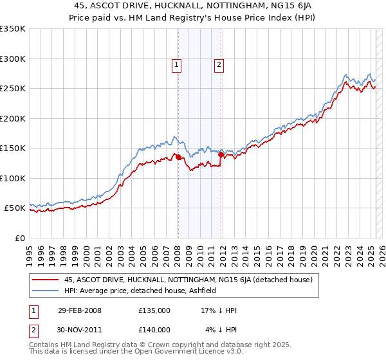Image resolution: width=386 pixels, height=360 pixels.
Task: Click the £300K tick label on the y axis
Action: [13, 59]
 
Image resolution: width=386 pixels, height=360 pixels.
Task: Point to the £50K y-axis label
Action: [15, 208]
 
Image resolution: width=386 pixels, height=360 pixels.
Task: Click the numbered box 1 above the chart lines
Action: [176, 64]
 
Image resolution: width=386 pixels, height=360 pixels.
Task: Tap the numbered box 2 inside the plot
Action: [219, 64]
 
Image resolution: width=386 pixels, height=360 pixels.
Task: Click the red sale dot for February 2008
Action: [178, 157]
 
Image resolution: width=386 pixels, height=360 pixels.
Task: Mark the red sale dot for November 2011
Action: [221, 154]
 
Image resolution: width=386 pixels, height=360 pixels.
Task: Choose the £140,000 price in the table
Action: [154, 330]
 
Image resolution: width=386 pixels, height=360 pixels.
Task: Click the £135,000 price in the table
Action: [154, 310]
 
